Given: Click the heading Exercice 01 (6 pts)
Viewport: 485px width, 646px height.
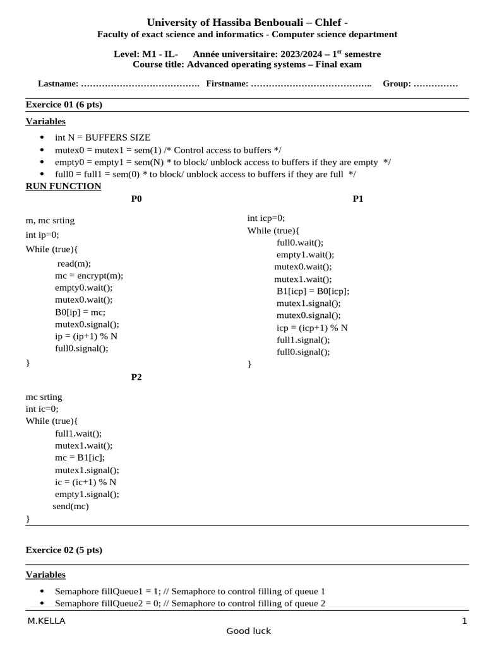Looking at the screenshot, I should [64, 105].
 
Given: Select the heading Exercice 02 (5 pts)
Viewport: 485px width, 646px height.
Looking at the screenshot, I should [64, 550].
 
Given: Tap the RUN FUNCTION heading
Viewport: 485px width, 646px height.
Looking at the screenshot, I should [63, 186].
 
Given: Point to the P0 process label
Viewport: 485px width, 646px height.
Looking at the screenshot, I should [136, 199].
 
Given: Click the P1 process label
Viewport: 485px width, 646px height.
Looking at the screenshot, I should [358, 199].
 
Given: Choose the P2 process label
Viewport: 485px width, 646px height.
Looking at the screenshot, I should [136, 377].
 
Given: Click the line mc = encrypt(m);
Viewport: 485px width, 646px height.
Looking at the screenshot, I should [89, 276].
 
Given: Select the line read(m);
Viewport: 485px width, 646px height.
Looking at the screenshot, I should [75, 264].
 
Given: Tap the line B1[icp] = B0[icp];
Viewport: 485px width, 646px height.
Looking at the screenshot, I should [313, 291].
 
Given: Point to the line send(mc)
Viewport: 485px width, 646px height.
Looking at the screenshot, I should [71, 506].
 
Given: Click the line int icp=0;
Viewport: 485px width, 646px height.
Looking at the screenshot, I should [266, 218].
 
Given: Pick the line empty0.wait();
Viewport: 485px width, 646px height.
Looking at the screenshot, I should [84, 288].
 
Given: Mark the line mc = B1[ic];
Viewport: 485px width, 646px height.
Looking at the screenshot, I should [80, 457].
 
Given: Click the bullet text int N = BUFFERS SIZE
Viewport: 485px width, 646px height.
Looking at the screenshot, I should [102, 138].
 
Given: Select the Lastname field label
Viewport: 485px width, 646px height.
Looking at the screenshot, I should [58, 83].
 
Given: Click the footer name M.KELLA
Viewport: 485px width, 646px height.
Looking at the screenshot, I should [46, 621].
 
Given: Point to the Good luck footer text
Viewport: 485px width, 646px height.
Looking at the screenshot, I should [249, 631].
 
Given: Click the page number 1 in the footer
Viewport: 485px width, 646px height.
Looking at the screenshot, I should [464, 621].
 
